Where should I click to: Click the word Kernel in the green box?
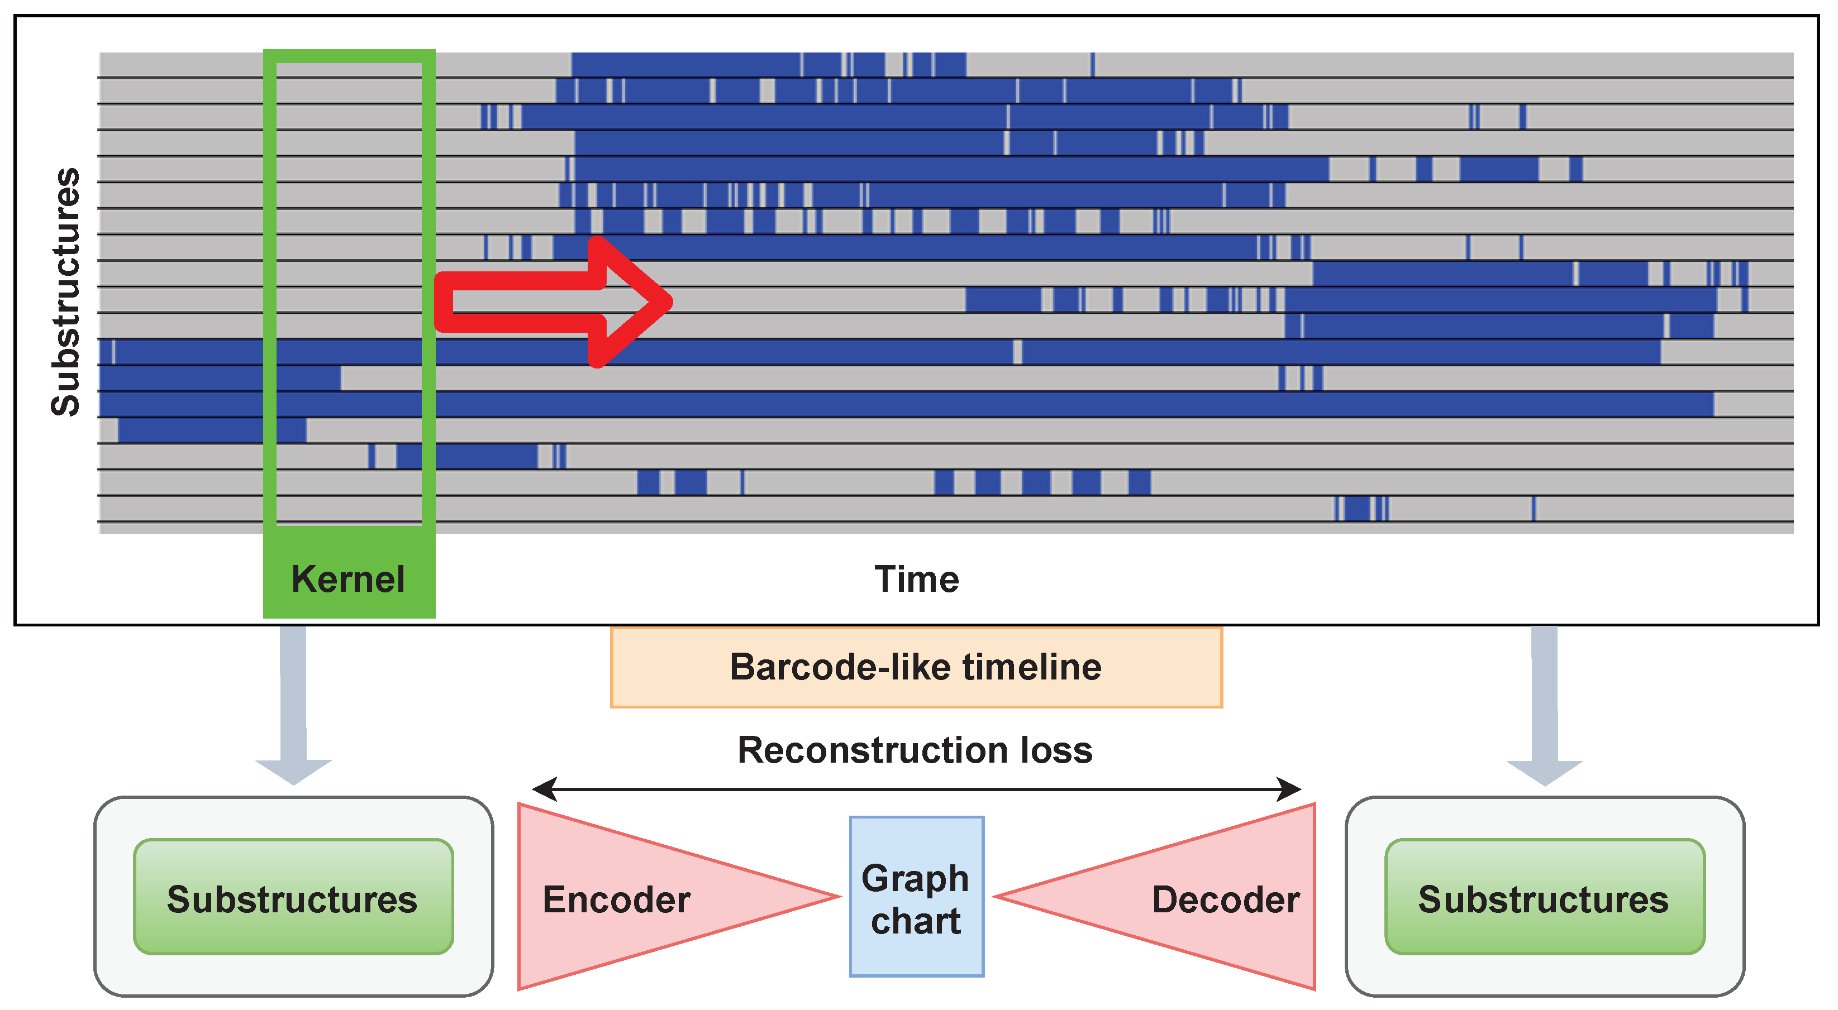(348, 578)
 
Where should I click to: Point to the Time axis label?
(916, 578)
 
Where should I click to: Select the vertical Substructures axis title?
(66, 292)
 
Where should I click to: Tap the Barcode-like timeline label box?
(916, 668)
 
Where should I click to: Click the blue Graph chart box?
(916, 897)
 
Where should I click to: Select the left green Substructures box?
(293, 897)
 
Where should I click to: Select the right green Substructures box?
(1545, 897)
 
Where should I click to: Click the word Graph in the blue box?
(916, 877)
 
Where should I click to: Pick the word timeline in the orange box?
(1032, 668)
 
